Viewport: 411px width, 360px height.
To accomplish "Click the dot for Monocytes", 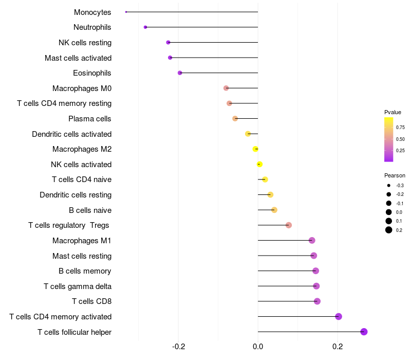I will coord(126,12).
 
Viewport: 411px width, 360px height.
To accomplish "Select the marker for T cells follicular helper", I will coord(364,332).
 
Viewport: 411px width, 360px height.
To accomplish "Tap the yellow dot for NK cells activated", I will coord(259,164).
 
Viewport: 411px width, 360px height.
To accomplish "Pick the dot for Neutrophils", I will coord(145,27).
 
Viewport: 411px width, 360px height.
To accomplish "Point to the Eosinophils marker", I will coord(180,73).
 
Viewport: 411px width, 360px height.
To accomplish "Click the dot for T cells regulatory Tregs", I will coord(289,225).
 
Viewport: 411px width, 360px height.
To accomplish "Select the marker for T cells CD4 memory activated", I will coord(339,316).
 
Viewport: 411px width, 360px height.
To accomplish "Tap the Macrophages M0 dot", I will coord(226,88).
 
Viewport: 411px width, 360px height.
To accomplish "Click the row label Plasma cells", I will coord(90,119).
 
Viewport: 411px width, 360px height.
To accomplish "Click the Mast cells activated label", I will coord(78,58).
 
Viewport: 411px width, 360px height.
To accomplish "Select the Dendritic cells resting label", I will coord(76,195).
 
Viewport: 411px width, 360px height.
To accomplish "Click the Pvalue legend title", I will coord(393,112).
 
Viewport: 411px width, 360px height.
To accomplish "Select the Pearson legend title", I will coord(395,175).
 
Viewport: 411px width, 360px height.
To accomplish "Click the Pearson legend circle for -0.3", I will coord(389,186).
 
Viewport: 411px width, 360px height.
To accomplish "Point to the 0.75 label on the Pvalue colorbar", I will coord(400,128).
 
